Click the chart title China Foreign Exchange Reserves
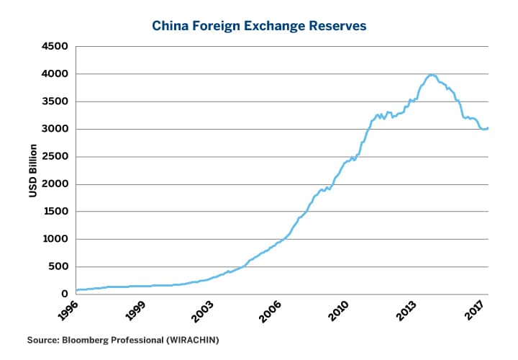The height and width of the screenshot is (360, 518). (259, 26)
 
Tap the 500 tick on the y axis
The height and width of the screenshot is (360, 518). (58, 267)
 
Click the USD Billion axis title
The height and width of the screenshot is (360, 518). (32, 171)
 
